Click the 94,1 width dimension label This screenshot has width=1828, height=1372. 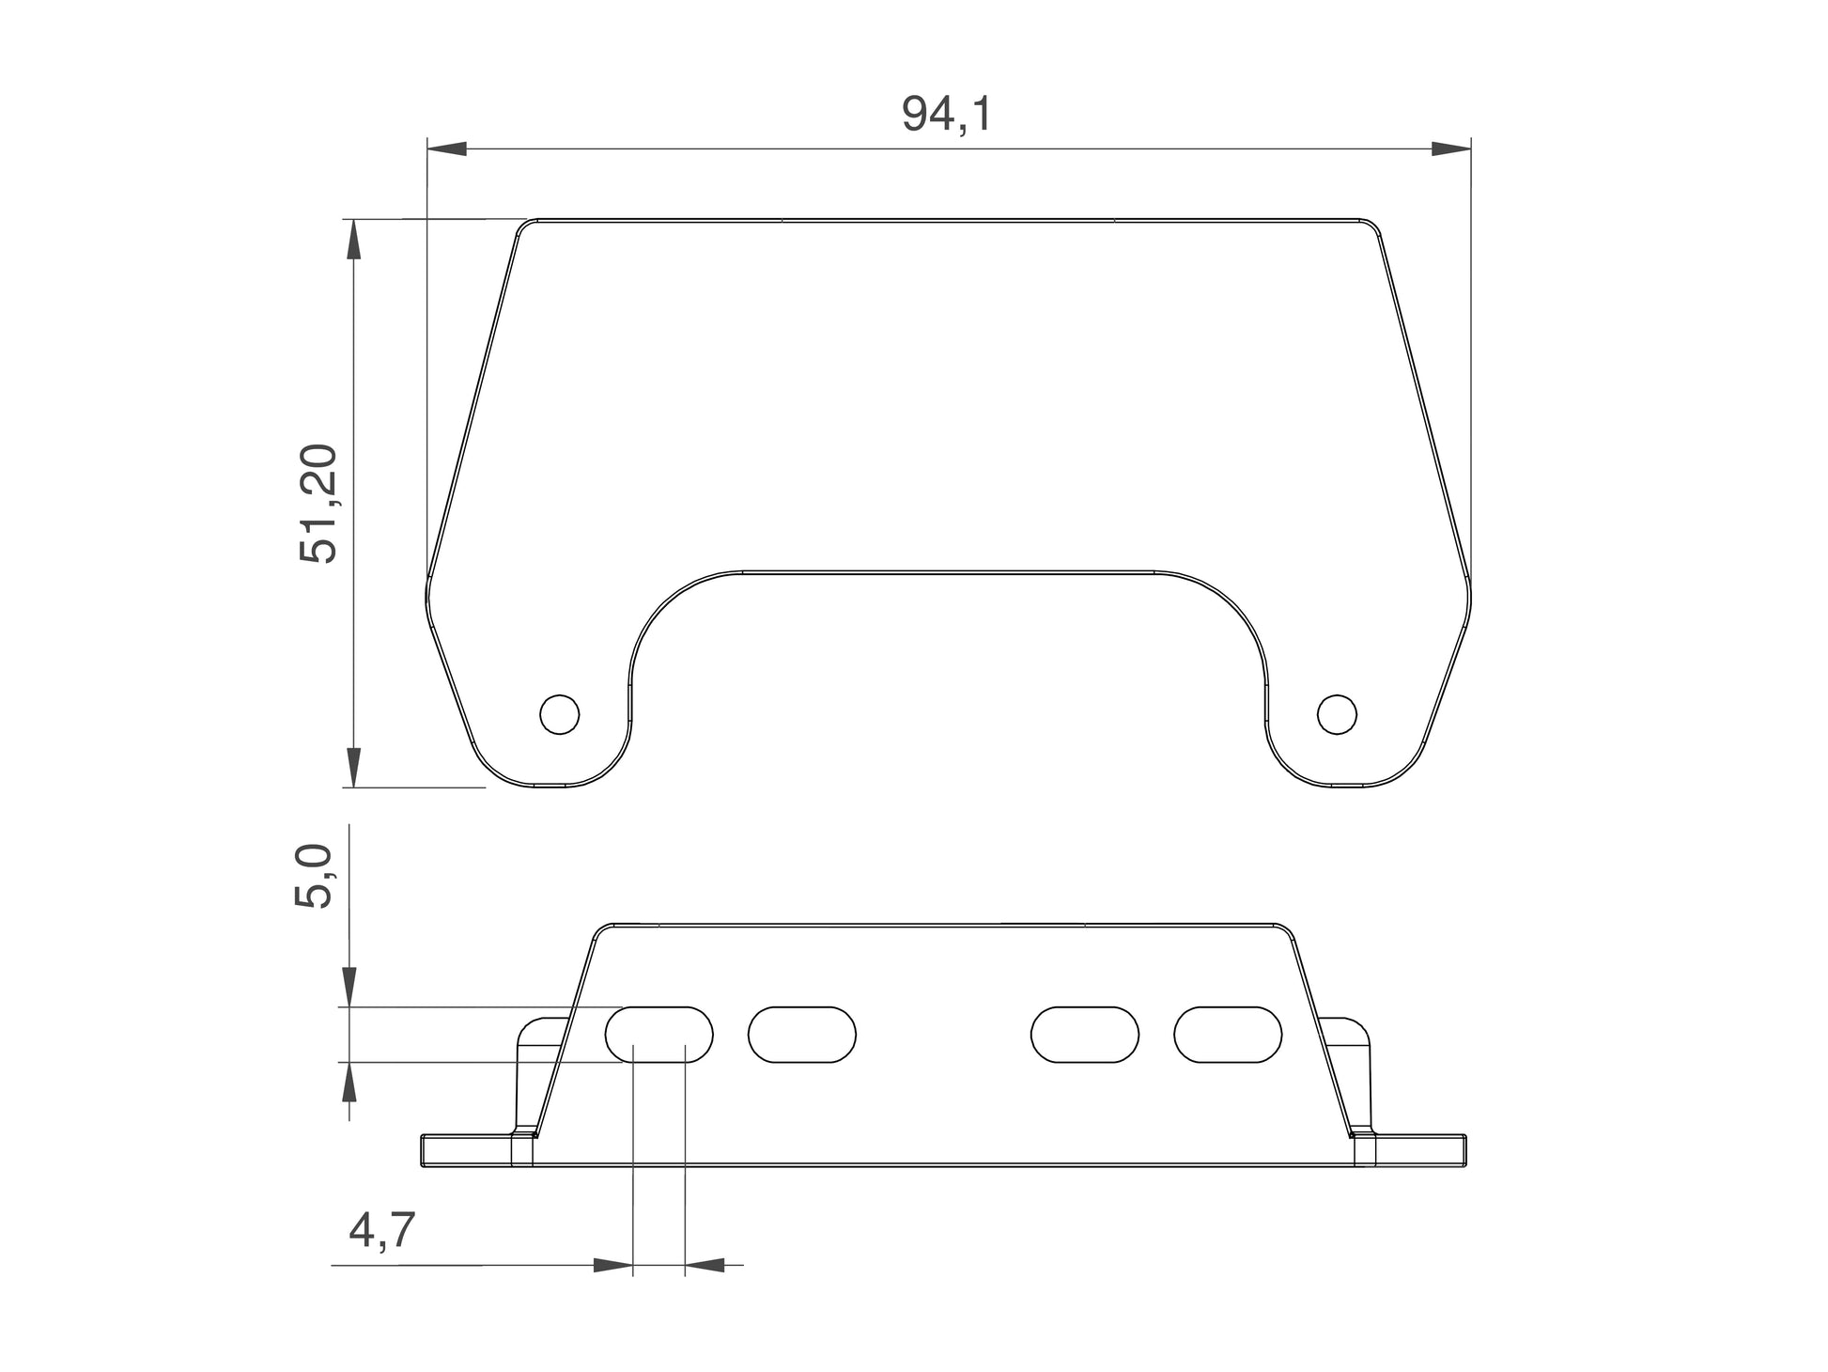[946, 115]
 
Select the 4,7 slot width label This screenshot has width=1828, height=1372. [381, 1230]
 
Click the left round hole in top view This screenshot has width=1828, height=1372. [560, 714]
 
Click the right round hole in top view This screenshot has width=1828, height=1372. [1337, 714]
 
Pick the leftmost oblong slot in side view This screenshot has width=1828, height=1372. [658, 1035]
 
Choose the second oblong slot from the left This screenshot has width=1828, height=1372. [802, 1035]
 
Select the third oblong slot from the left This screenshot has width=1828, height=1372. [1085, 1035]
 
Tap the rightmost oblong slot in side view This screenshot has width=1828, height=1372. [1228, 1035]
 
